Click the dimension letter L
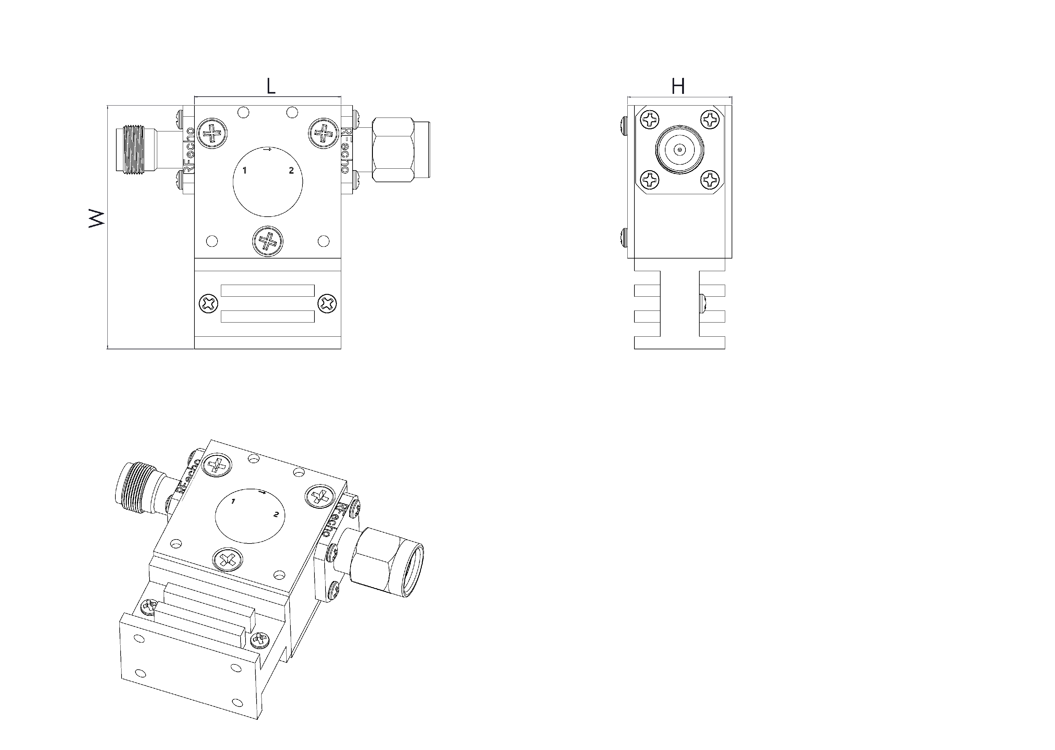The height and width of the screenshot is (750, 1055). point(271,86)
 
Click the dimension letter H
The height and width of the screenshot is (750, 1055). point(678,86)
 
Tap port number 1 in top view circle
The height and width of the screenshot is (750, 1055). point(245,170)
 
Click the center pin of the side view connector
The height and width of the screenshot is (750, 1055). point(679,150)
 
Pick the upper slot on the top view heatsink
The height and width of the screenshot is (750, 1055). point(268,291)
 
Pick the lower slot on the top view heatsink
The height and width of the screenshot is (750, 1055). point(268,316)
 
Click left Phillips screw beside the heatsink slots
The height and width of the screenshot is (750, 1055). point(208,304)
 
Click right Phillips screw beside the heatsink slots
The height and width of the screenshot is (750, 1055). point(327,304)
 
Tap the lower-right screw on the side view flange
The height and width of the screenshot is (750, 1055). point(710,180)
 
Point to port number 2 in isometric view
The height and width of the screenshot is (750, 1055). point(276,514)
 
